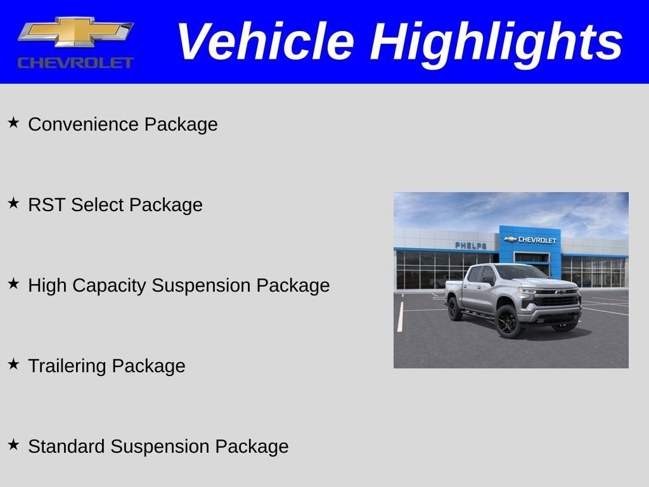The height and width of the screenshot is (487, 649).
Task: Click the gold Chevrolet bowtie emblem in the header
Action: pos(75,32)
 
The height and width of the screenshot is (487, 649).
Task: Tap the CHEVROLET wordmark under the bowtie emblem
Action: pos(75,62)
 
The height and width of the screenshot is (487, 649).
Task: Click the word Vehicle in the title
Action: pos(264,42)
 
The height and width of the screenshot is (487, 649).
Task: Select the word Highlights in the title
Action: pos(496,42)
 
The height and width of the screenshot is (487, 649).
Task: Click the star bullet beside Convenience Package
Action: pos(13,122)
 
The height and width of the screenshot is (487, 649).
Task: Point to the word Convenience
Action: pos(84,124)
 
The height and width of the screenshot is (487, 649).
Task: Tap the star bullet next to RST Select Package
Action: pos(13,203)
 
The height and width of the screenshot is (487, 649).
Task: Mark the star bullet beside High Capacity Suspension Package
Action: pos(13,283)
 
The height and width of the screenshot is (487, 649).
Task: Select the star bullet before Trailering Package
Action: pos(13,364)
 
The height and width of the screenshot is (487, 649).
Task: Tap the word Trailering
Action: pos(68,367)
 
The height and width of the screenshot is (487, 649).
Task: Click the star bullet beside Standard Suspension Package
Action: pos(13,445)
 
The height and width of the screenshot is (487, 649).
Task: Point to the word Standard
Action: pos(67,446)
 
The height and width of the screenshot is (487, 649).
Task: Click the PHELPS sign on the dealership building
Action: pos(470,245)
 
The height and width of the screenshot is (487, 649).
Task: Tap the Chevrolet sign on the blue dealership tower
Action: pos(530,240)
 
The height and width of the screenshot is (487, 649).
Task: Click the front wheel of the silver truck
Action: pos(508,321)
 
